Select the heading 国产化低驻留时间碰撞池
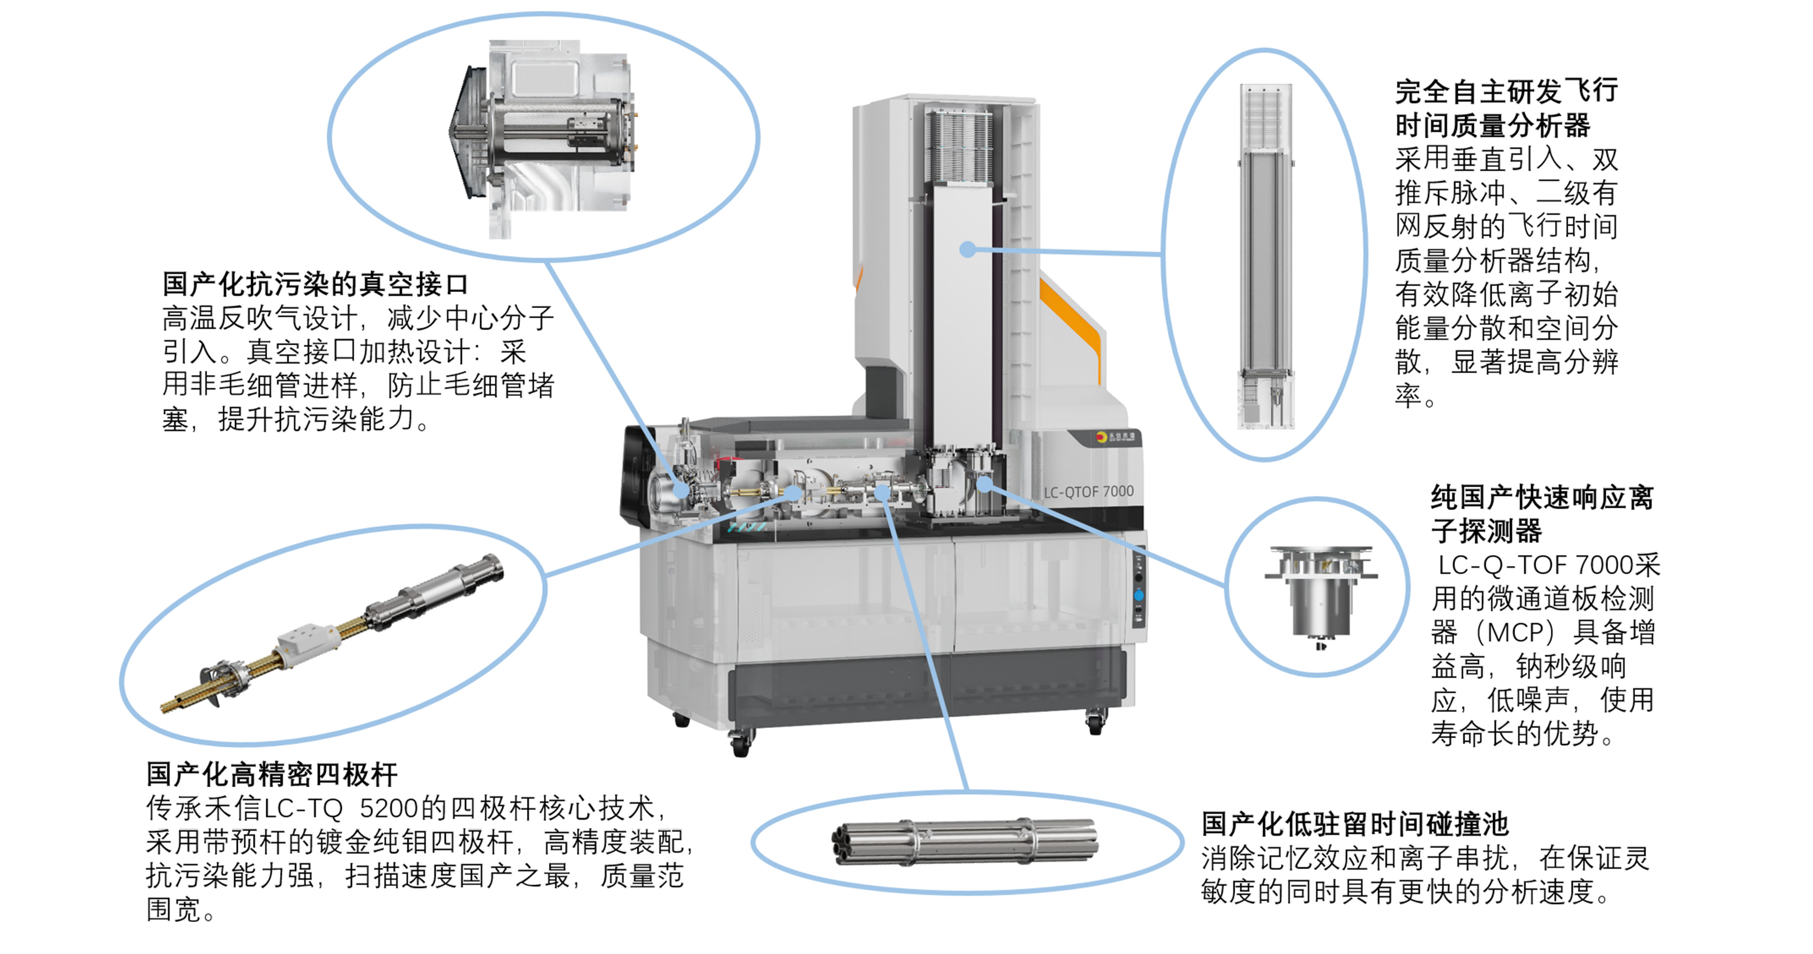pyautogui.click(x=1355, y=823)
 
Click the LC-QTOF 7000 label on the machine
pyautogui.click(x=1088, y=492)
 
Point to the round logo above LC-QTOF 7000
pyautogui.click(x=1101, y=437)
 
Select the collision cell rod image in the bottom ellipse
pyautogui.click(x=964, y=841)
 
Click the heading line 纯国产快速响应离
pyautogui.click(x=1542, y=498)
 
